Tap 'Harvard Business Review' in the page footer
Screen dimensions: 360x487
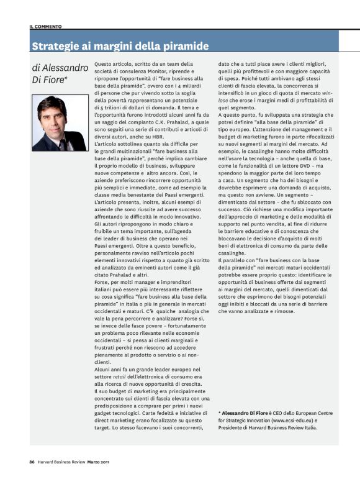pyautogui.click(x=60, y=462)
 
